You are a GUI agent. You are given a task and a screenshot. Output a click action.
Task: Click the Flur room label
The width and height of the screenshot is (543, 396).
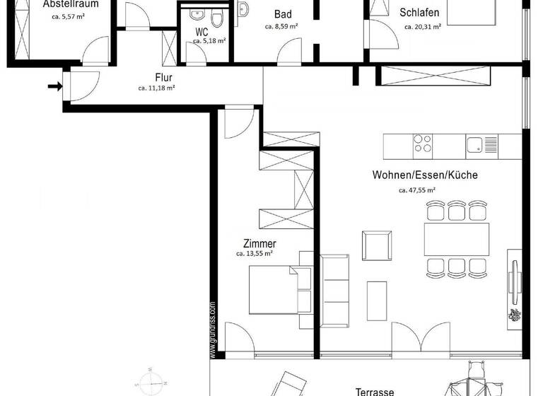pyautogui.click(x=164, y=77)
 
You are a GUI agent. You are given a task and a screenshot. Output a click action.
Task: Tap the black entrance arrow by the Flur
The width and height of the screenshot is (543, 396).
pyautogui.click(x=54, y=87)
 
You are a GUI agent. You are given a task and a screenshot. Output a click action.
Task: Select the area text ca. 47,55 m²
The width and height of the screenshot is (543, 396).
pyautogui.click(x=417, y=190)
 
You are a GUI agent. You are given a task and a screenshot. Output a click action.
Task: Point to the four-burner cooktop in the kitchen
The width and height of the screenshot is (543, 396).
pyautogui.click(x=423, y=144)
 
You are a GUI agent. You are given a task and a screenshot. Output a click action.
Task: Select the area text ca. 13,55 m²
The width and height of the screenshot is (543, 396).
pyautogui.click(x=255, y=253)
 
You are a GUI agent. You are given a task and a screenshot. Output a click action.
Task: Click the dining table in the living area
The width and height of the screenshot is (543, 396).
pyautogui.click(x=456, y=239)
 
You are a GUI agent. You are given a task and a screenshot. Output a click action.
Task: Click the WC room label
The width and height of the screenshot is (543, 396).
pyautogui.click(x=202, y=32)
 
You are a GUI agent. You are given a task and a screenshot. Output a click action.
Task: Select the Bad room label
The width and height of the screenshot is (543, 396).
pyautogui.click(x=283, y=14)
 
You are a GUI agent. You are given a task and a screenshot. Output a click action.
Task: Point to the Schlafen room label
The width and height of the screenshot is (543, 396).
pyautogui.click(x=419, y=13)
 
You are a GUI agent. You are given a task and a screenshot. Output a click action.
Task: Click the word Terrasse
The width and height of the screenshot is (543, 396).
pyautogui.click(x=375, y=391)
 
